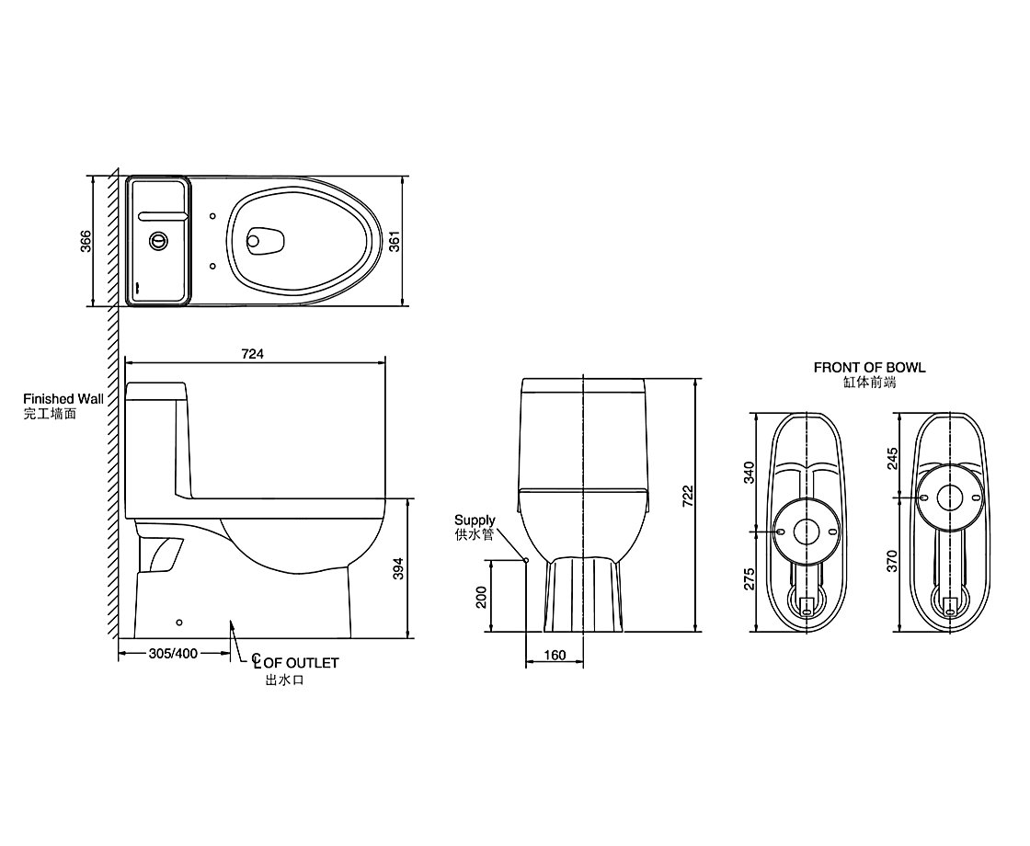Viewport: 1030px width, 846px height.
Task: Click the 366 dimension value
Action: point(86,242)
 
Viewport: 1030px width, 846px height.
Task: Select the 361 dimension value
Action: point(395,242)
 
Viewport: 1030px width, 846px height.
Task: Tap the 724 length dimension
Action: point(252,354)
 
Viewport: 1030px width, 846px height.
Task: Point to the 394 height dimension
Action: point(398,568)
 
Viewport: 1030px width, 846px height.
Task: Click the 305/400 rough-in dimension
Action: point(174,654)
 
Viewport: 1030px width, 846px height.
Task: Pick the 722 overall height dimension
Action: point(687,496)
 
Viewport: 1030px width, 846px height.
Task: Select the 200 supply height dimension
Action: point(482,597)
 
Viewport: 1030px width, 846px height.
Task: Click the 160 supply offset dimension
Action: point(555,655)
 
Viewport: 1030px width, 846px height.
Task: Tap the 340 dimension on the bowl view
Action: point(749,473)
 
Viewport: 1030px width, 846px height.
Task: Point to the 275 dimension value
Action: point(749,578)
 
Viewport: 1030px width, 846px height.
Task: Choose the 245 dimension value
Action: point(892,459)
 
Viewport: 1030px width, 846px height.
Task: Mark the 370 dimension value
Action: point(892,561)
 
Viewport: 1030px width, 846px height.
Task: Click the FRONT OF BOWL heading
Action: point(869,368)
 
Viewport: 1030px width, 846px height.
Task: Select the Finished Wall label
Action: point(63,399)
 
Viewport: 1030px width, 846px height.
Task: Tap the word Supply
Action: point(475,520)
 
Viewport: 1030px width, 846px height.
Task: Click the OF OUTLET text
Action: point(302,663)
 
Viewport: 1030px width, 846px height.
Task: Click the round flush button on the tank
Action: point(157,241)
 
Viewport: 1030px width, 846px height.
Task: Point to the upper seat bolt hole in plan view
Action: point(212,216)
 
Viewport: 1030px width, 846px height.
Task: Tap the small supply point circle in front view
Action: point(525,560)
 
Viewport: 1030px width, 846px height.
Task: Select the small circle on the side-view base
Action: point(179,622)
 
